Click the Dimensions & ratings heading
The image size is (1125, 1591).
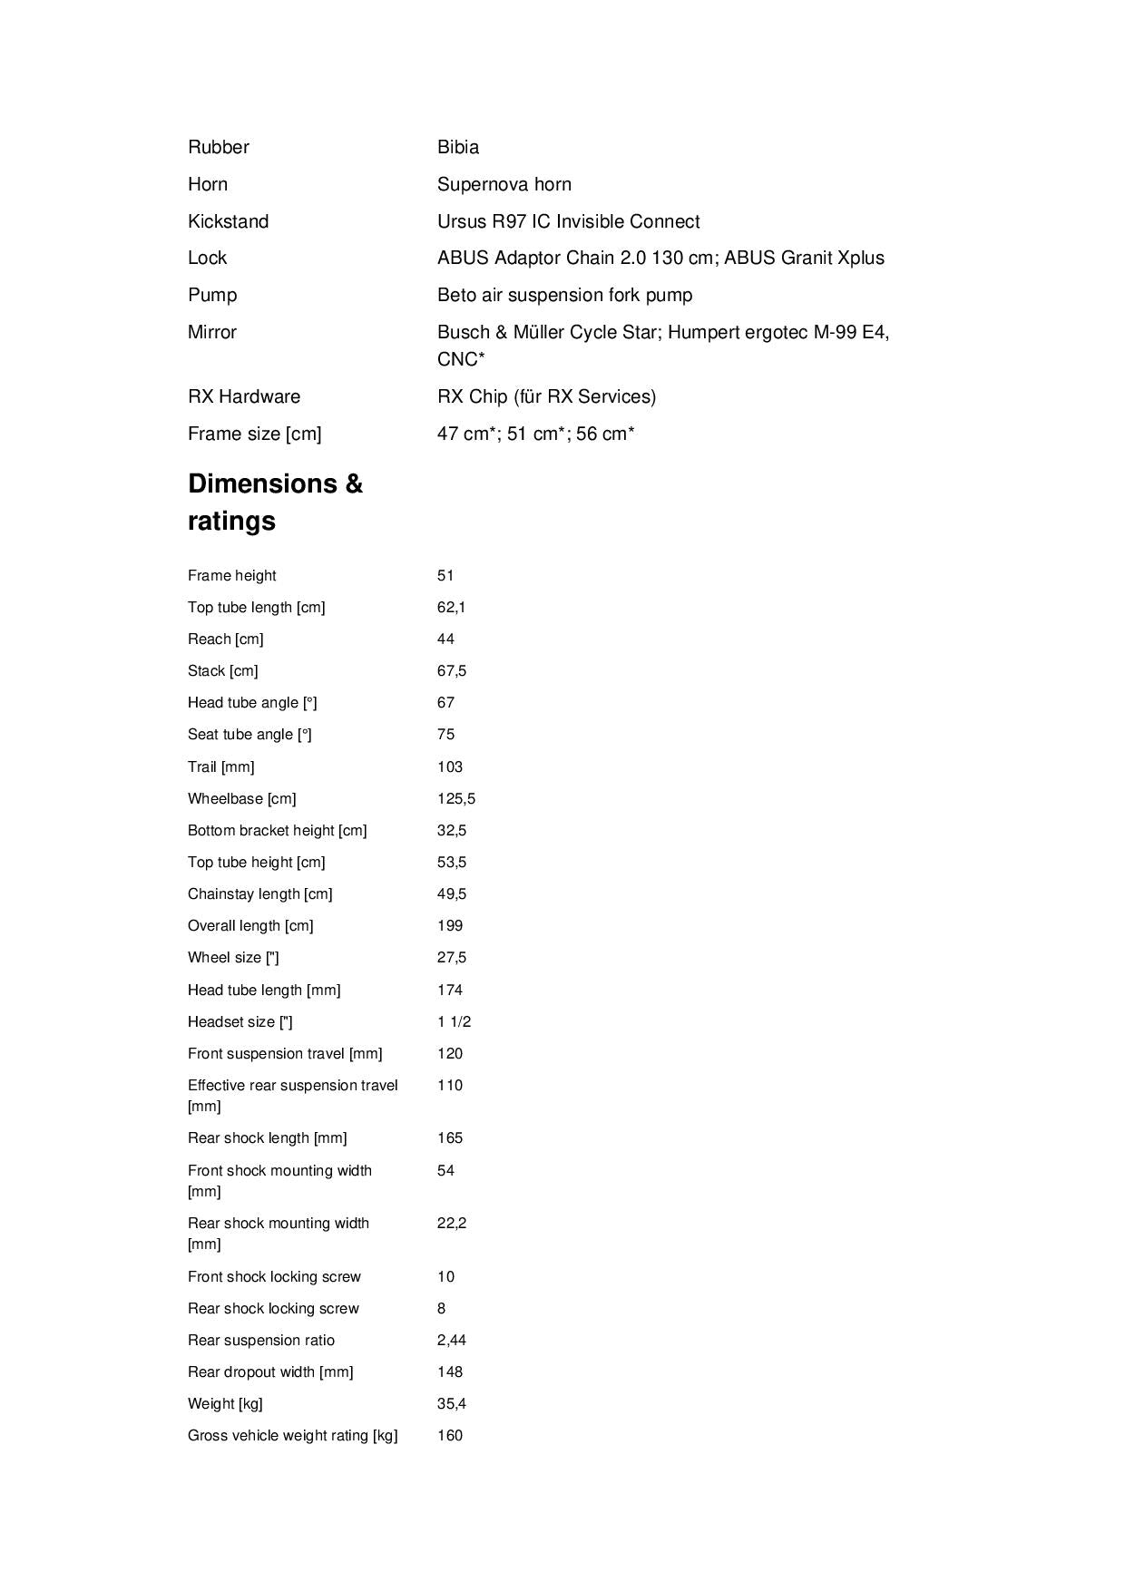click(x=275, y=502)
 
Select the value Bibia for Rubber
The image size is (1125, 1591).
click(x=458, y=147)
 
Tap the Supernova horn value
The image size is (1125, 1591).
click(x=504, y=184)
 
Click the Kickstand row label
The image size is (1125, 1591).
click(x=228, y=221)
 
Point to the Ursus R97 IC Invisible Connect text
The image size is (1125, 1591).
click(x=568, y=221)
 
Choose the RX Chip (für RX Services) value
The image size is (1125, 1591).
click(x=546, y=396)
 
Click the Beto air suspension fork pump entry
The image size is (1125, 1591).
click(x=564, y=295)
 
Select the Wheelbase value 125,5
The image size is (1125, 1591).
click(x=456, y=798)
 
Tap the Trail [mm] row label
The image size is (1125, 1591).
click(x=220, y=766)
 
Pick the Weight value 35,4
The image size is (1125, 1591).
click(x=452, y=1403)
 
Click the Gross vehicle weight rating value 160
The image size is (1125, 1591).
click(x=450, y=1435)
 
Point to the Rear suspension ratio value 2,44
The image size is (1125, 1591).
click(x=452, y=1340)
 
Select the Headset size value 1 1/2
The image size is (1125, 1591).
click(x=454, y=1021)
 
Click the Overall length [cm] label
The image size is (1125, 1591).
click(x=250, y=925)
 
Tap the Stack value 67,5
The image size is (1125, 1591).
click(x=452, y=670)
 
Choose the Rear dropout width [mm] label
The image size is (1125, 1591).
click(x=270, y=1371)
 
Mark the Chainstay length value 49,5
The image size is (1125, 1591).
click(x=452, y=893)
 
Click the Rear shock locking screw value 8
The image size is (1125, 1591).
click(x=442, y=1308)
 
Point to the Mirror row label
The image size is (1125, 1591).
click(x=212, y=332)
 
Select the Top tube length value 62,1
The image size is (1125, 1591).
click(x=452, y=607)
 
